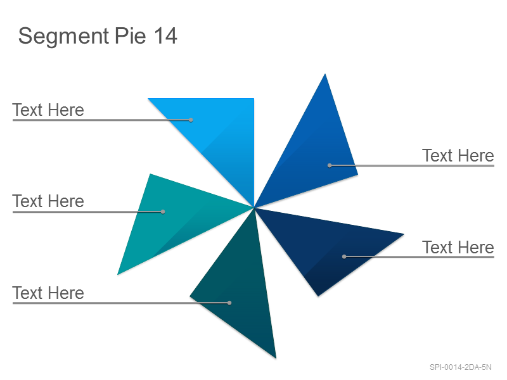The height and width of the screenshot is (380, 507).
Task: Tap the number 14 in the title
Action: coord(165,35)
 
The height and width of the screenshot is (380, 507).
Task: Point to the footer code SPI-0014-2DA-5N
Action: coord(461,367)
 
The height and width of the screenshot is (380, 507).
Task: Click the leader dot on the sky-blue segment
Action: coord(191,120)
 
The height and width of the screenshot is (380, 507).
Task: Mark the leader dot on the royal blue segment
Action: coord(330,165)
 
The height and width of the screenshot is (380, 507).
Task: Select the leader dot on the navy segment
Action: coord(344,256)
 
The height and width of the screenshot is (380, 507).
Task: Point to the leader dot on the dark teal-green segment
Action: coord(229,303)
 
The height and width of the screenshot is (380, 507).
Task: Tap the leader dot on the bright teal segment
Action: coord(163,212)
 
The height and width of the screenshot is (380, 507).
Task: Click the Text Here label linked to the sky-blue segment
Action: coord(48,110)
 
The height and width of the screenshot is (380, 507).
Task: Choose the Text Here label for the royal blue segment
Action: coord(458,155)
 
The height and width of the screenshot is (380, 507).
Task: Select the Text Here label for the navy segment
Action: coord(458,247)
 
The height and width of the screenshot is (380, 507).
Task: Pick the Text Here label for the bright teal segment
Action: coord(48,201)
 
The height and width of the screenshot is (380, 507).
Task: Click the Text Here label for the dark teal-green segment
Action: coord(48,293)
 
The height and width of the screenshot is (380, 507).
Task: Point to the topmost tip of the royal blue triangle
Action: coord(325,74)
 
